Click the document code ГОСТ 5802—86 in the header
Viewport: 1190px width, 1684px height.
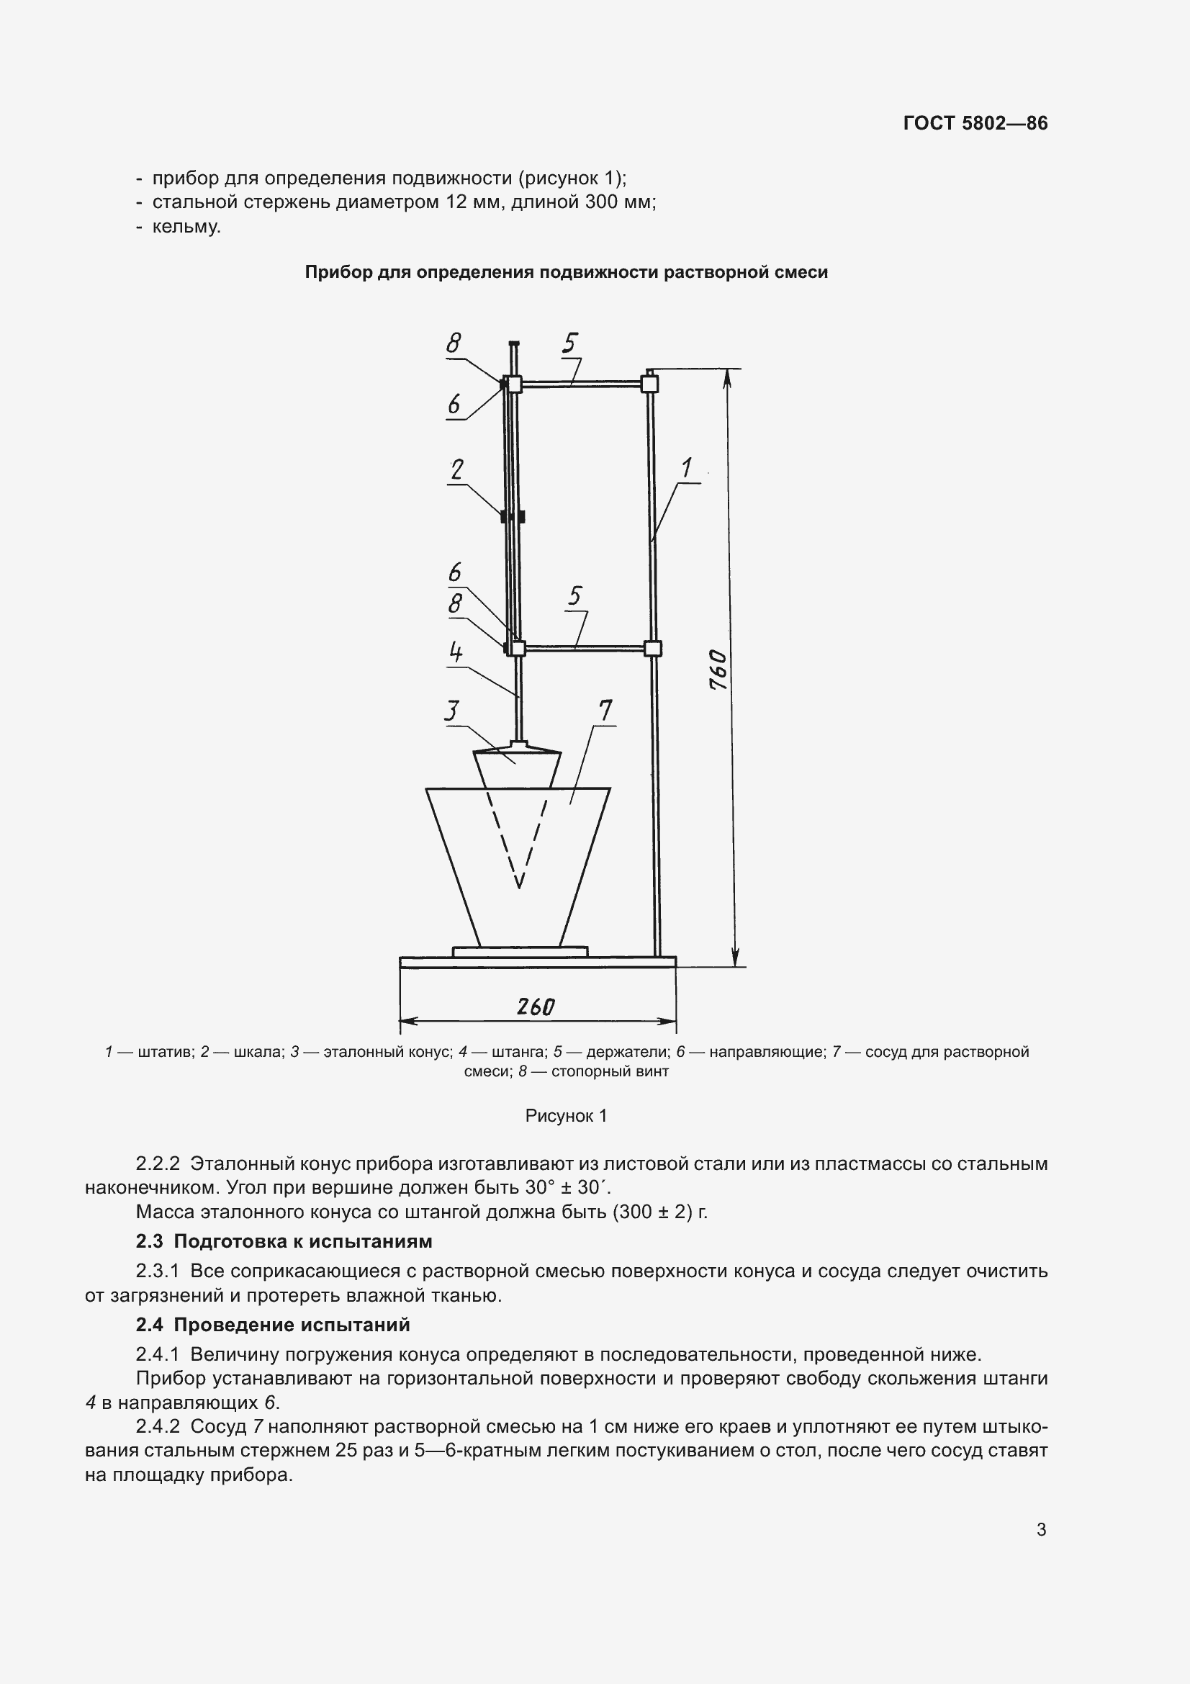pyautogui.click(x=975, y=123)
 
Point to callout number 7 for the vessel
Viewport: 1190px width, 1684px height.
pyautogui.click(x=605, y=710)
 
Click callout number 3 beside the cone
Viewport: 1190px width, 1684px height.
pyautogui.click(x=452, y=711)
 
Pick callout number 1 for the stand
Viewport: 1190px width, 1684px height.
pyautogui.click(x=687, y=467)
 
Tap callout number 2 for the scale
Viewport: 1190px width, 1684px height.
pyautogui.click(x=457, y=469)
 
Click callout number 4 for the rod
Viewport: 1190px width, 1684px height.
pyautogui.click(x=455, y=651)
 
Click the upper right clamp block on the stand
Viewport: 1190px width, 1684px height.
pyautogui.click(x=649, y=384)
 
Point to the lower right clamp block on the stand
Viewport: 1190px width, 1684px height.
pyautogui.click(x=652, y=649)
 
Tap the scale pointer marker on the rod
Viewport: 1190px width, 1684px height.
pyautogui.click(x=513, y=516)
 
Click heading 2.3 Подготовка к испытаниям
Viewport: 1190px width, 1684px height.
pyautogui.click(x=284, y=1241)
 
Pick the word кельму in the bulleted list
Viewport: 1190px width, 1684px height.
pyautogui.click(x=186, y=227)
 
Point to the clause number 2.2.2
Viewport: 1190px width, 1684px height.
pyautogui.click(x=158, y=1163)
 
